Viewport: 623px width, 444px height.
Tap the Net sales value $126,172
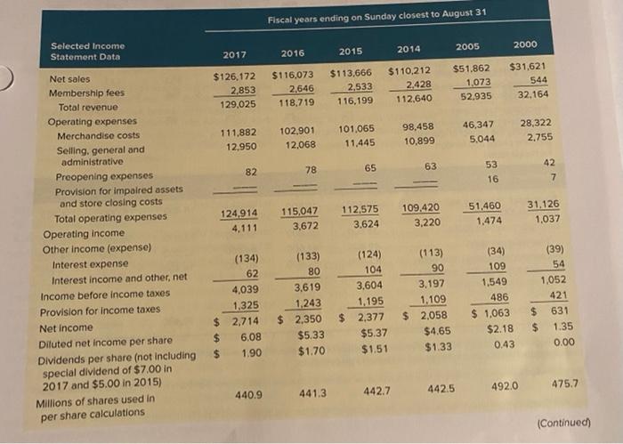coord(234,78)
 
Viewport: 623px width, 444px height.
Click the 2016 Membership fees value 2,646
coord(298,89)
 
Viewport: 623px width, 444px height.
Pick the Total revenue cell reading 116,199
coord(357,102)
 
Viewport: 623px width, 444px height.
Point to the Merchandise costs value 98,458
coord(417,127)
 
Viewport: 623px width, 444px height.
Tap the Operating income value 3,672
coord(301,227)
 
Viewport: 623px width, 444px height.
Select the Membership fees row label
coord(85,92)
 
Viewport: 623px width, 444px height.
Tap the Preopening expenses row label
coord(93,175)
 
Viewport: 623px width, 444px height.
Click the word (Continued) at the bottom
coord(564,423)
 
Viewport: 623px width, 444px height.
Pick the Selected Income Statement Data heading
coord(88,51)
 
